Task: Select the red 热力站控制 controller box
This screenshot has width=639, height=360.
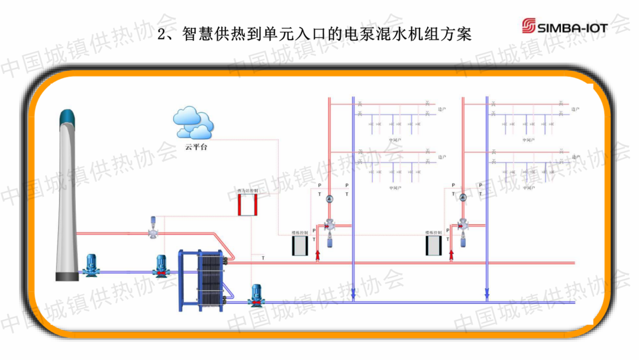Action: [x=246, y=204]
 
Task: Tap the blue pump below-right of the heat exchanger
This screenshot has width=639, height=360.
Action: [x=256, y=295]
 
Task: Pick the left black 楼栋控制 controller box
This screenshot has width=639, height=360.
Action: [x=297, y=245]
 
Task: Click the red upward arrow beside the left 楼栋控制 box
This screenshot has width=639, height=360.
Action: [x=317, y=254]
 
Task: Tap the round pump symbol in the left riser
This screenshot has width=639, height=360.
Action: [x=330, y=197]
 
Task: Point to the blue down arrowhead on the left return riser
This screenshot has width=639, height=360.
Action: [x=353, y=292]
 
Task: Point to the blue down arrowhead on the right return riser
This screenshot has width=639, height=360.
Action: [x=487, y=292]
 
